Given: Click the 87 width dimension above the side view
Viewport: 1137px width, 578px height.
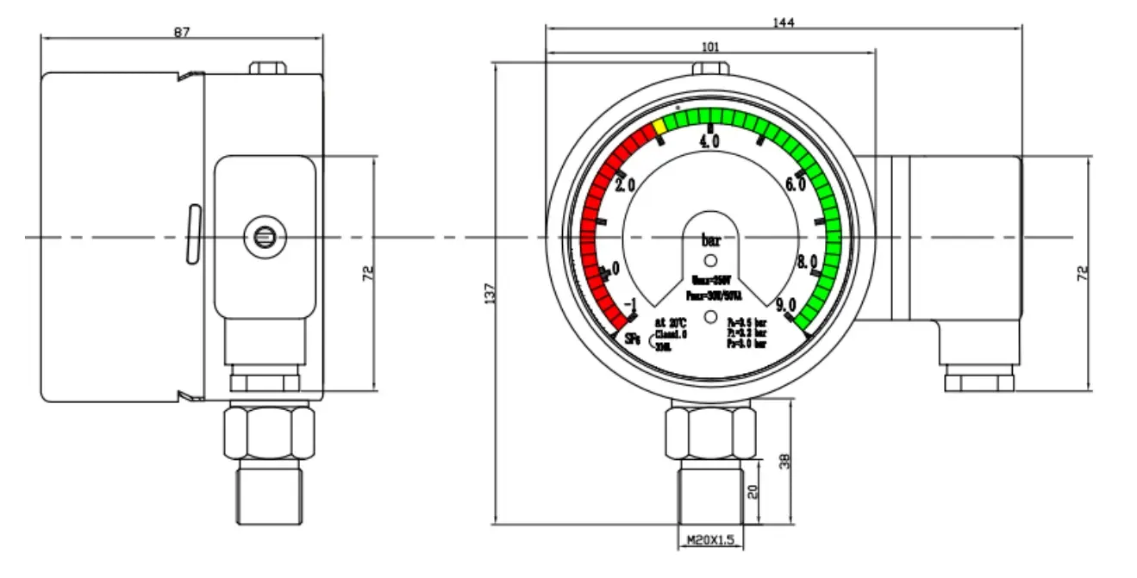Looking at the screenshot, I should pos(181,32).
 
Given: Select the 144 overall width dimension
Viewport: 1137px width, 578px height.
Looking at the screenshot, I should pos(783,22).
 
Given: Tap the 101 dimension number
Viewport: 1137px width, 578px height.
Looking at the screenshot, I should pos(710,47).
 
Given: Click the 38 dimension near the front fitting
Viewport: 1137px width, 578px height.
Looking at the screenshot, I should pos(784,462).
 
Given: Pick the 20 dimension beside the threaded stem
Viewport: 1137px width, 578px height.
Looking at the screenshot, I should pos(751,492).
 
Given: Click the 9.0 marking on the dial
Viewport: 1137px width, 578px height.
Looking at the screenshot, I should pos(785,306).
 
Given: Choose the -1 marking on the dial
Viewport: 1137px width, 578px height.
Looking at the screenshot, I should pos(630,307).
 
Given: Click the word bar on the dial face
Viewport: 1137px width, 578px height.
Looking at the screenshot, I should pos(710,240).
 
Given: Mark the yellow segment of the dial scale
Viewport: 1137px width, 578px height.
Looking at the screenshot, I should pos(659,127).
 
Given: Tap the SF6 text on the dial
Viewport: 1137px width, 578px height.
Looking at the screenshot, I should pos(633,339).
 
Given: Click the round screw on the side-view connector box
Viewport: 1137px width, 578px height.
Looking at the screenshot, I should pos(263,233).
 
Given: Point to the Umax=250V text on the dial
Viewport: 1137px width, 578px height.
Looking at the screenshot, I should pos(711,281).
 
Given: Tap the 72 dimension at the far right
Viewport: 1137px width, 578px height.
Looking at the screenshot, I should pos(1084,272).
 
